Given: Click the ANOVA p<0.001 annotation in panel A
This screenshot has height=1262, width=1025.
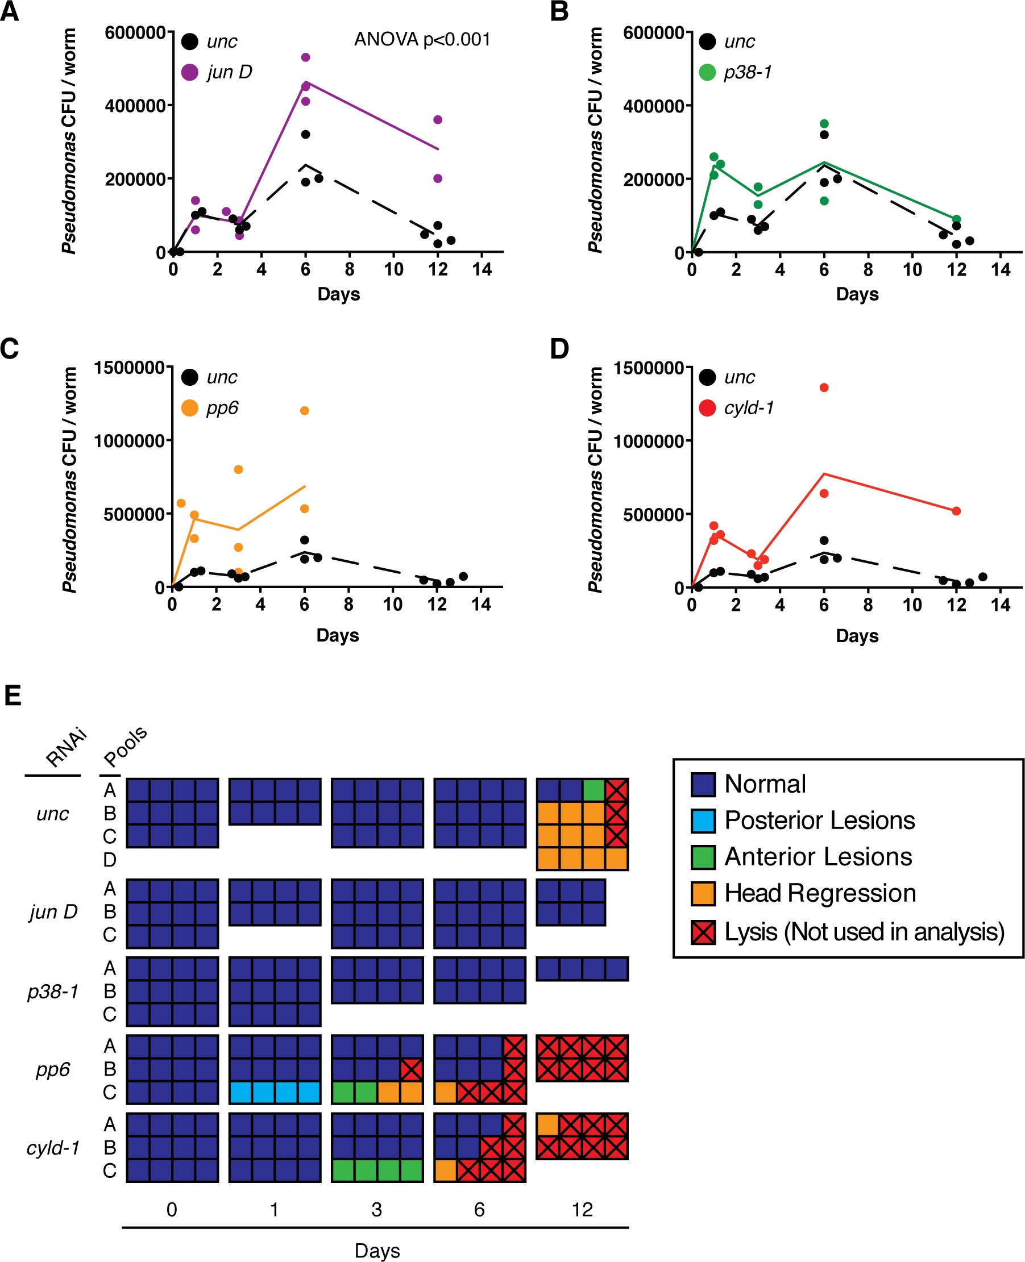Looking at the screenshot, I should tap(422, 40).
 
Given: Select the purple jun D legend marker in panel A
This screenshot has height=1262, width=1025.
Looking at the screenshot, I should tap(189, 72).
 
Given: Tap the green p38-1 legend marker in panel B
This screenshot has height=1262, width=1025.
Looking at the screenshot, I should tap(707, 72).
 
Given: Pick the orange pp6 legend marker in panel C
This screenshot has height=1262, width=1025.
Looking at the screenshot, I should tap(189, 407).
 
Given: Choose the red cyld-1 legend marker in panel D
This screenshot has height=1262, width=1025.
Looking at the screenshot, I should tap(707, 407).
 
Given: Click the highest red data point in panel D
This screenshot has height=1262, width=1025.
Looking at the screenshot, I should tap(824, 388).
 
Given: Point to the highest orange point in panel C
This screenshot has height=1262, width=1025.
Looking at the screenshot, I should tap(305, 411).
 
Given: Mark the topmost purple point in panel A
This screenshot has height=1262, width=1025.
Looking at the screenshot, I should tap(305, 57).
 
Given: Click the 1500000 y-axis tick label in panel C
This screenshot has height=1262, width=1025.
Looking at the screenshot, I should tap(129, 368).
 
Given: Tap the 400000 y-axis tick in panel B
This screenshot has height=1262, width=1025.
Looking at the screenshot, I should tap(653, 106).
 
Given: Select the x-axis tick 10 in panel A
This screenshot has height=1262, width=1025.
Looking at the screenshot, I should tap(393, 270).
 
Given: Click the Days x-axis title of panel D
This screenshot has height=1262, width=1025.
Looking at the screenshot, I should tap(857, 636).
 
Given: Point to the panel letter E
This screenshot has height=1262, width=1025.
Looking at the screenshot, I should tap(13, 695).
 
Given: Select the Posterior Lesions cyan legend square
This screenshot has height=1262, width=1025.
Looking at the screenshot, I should tap(703, 820).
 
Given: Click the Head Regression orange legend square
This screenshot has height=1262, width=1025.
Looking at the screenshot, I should tap(703, 893).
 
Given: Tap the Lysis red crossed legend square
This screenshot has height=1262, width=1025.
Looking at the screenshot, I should tap(703, 932).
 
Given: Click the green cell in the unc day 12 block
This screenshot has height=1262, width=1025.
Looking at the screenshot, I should tap(594, 790).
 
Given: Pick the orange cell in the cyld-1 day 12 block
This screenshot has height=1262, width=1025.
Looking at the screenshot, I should tap(547, 1124).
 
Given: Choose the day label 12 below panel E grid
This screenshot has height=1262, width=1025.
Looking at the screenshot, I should tap(582, 1210).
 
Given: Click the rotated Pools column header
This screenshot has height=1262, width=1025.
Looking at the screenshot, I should tap(125, 745).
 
